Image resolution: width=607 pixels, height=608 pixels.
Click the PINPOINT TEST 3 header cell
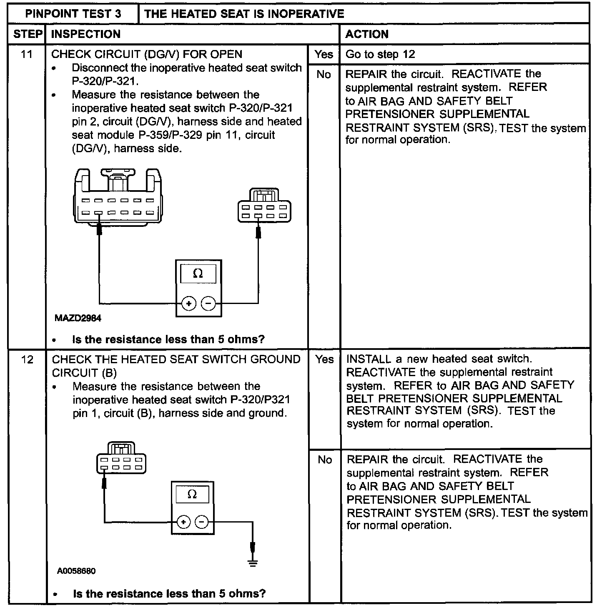point(73,13)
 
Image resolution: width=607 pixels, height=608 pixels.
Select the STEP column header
point(28,34)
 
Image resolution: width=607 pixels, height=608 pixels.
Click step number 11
point(27,54)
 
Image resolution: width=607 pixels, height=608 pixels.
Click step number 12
point(27,359)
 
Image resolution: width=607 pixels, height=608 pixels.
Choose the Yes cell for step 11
point(324,54)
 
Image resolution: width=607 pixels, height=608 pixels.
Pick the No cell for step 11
point(324,74)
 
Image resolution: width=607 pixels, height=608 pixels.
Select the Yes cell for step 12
point(324,359)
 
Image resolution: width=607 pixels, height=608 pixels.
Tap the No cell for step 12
point(324,460)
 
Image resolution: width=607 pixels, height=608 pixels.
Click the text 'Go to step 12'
point(380,54)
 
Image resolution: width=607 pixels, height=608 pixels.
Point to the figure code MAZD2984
point(78,318)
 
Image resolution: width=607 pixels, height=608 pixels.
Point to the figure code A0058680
point(76,571)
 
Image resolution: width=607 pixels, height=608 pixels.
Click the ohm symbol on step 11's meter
point(198,274)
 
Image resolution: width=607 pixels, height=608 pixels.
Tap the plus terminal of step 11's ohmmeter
point(189,304)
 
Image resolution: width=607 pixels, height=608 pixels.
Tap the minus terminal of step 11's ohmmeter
point(208,304)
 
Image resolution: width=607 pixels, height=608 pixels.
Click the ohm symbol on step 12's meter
point(192,495)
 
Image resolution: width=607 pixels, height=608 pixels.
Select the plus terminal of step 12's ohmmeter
point(183,522)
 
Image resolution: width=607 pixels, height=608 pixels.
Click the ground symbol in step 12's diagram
point(252,563)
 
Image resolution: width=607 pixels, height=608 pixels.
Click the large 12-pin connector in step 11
point(118,198)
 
